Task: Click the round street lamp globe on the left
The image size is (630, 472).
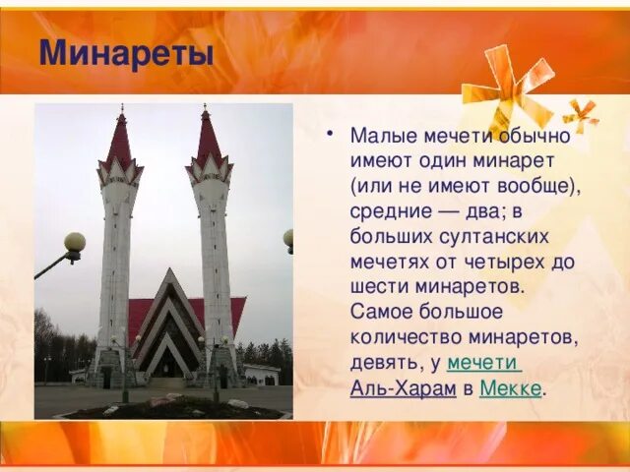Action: coord(75,242)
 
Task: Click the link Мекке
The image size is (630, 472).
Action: coord(510,388)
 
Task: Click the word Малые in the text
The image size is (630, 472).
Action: coord(380,136)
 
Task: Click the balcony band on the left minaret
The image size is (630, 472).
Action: coord(119,179)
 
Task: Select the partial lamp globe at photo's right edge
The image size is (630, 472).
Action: coord(288,237)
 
